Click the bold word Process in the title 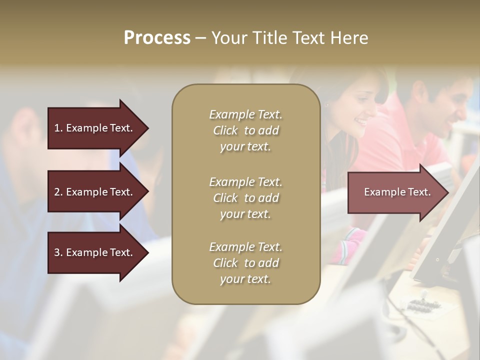(x=157, y=38)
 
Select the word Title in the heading (x=271, y=38)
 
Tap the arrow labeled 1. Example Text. (x=93, y=128)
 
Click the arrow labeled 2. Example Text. (x=93, y=192)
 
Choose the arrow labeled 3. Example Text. (x=93, y=252)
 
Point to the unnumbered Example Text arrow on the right (x=397, y=192)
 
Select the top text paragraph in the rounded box (x=245, y=130)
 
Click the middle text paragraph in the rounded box (x=245, y=198)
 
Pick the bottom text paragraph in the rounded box (x=245, y=263)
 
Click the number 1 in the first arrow (x=57, y=128)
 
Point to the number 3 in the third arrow (x=57, y=252)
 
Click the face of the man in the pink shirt (x=452, y=105)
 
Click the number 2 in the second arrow (x=57, y=192)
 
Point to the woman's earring (x=327, y=105)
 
